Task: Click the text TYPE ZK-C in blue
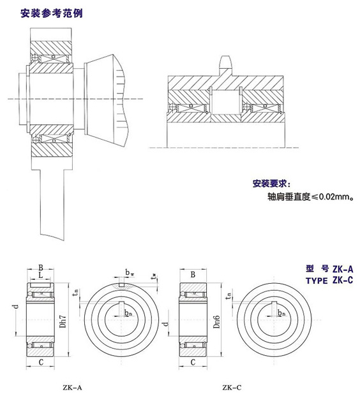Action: [x=329, y=281]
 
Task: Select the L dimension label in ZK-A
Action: [x=40, y=276]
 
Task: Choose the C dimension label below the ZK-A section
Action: [x=40, y=363]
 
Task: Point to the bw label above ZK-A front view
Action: [x=130, y=273]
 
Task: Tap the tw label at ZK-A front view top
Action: [x=154, y=275]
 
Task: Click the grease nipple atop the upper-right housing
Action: [x=225, y=62]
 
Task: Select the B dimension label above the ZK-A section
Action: [x=40, y=267]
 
